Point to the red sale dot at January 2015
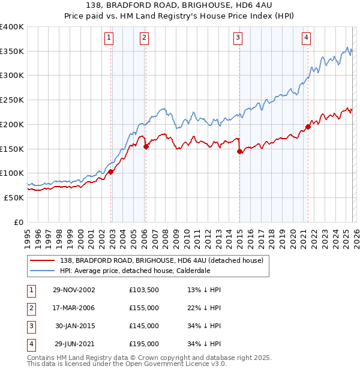pyautogui.click(x=240, y=151)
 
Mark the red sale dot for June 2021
pyautogui.click(x=308, y=127)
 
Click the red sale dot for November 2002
pyautogui.click(x=111, y=172)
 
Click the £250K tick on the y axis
pyautogui.click(x=12, y=100)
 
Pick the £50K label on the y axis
pyautogui.click(x=14, y=197)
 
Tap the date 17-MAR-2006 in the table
pyautogui.click(x=74, y=308)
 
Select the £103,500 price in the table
pyautogui.click(x=144, y=289)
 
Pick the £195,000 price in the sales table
pyautogui.click(x=144, y=344)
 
